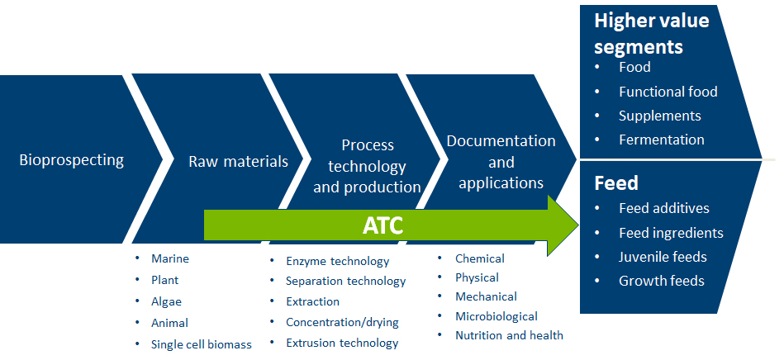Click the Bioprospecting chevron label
tap(72, 160)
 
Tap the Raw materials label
tap(238, 162)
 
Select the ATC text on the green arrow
tap(382, 226)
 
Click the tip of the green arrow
tap(578, 225)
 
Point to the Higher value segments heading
tap(652, 34)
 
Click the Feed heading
tap(616, 183)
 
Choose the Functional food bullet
tap(668, 92)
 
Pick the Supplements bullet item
tap(659, 116)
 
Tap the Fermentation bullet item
tap(662, 140)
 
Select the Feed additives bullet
tap(664, 208)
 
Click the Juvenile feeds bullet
tap(663, 257)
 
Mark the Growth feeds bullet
tap(662, 281)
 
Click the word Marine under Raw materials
tap(170, 258)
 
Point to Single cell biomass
tap(202, 344)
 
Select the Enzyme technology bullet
tap(338, 261)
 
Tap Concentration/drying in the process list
tap(342, 322)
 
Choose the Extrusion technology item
tap(342, 343)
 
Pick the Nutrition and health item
tap(509, 335)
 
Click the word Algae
tap(166, 302)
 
